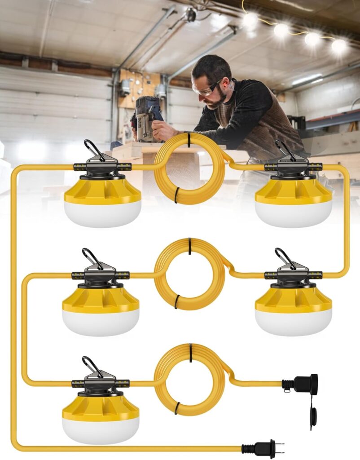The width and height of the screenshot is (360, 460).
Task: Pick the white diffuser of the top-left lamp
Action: (x=102, y=213)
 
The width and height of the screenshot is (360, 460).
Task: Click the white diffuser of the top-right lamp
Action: (x=294, y=214)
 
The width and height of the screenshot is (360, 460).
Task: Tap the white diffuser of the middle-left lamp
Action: (x=101, y=322)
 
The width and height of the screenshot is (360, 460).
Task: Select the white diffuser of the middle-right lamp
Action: (x=294, y=321)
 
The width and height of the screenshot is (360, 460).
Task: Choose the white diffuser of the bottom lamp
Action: (x=101, y=429)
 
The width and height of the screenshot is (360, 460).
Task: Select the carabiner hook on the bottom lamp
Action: (x=92, y=366)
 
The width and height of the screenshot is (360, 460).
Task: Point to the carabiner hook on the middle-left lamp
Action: (x=92, y=258)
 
